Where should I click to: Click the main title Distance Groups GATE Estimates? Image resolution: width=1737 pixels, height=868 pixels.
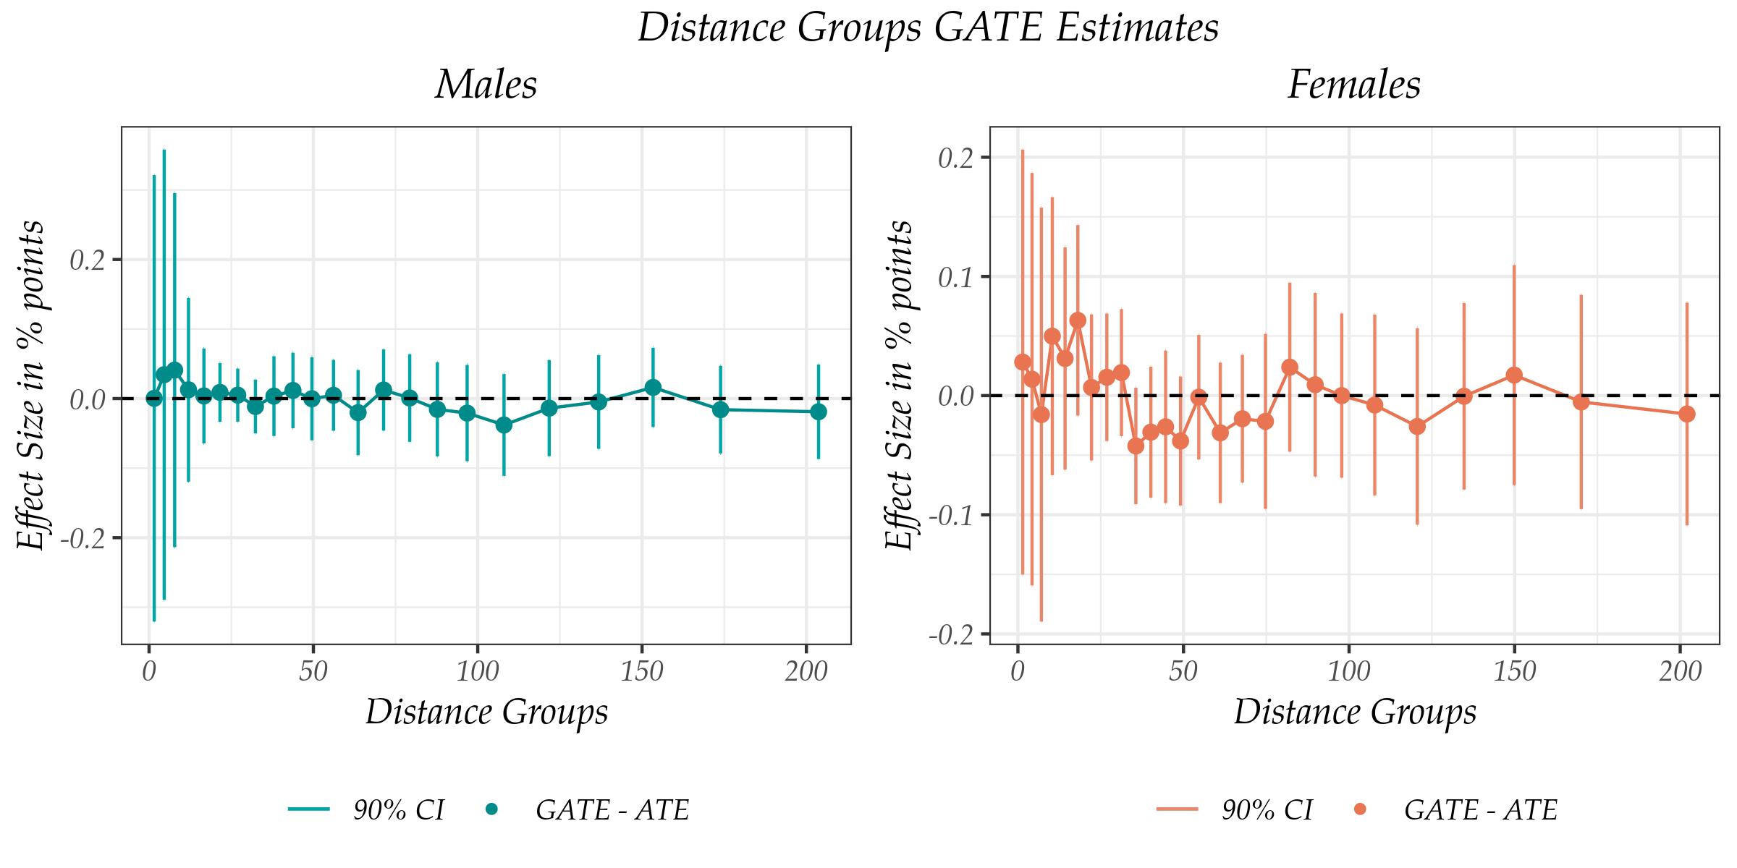pyautogui.click(x=928, y=29)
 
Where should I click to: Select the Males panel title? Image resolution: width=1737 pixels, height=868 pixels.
pyautogui.click(x=486, y=85)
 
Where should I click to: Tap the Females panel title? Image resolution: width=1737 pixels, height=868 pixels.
pyautogui.click(x=1353, y=85)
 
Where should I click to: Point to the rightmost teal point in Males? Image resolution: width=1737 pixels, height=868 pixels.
pyautogui.click(x=819, y=412)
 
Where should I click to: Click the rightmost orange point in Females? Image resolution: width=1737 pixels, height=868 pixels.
pyautogui.click(x=1687, y=414)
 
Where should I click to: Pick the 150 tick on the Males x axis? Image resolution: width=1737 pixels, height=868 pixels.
pyautogui.click(x=641, y=672)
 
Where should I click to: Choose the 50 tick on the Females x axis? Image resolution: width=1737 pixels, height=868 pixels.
pyautogui.click(x=1183, y=672)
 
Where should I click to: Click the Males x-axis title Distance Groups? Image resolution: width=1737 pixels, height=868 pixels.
pyautogui.click(x=486, y=712)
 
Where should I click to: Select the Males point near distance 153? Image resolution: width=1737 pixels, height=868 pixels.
pyautogui.click(x=653, y=388)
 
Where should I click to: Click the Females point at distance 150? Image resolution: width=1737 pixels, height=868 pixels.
pyautogui.click(x=1514, y=375)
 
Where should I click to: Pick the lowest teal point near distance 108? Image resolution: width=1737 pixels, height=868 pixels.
pyautogui.click(x=504, y=425)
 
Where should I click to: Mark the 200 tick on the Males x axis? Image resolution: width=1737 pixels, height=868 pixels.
pyautogui.click(x=806, y=672)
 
